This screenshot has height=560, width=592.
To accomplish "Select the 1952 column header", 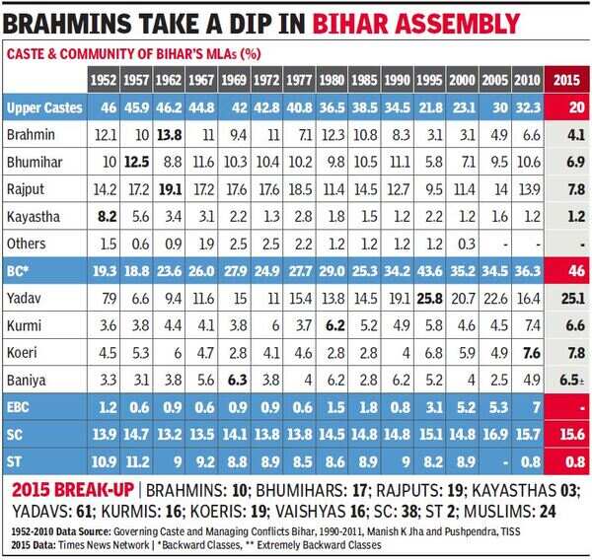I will [103, 77].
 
